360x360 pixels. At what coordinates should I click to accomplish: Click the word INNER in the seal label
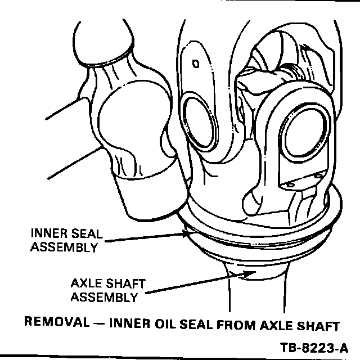(x=49, y=233)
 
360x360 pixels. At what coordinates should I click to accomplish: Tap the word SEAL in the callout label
(x=87, y=233)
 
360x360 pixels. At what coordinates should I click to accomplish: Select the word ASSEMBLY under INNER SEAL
(x=64, y=247)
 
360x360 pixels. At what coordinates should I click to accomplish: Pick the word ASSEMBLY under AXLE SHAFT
(x=104, y=298)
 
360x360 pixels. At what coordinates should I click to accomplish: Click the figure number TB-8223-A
(x=314, y=348)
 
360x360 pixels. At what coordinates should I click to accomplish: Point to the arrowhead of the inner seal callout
(x=187, y=234)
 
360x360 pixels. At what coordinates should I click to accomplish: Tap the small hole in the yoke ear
(x=195, y=64)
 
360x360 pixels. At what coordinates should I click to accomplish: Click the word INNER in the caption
(x=130, y=323)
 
